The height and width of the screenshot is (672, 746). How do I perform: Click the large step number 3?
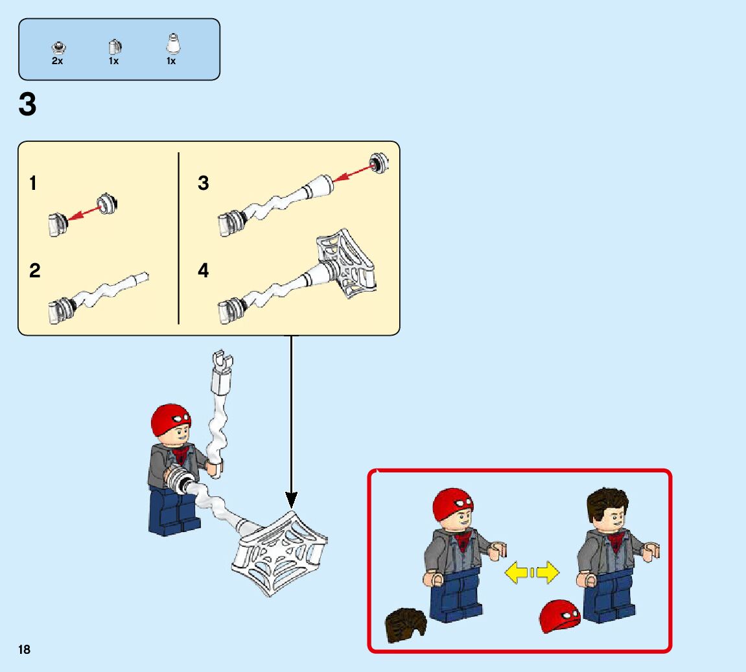point(27,104)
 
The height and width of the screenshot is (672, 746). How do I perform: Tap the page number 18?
point(24,649)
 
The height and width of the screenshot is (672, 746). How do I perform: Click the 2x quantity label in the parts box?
point(57,61)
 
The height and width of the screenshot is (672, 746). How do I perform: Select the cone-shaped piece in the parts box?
point(172,44)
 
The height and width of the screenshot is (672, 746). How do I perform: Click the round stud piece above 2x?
point(58,47)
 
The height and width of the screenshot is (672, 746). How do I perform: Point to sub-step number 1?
point(33,183)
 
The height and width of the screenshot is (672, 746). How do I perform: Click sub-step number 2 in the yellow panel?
point(35,271)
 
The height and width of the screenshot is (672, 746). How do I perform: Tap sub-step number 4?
point(203,270)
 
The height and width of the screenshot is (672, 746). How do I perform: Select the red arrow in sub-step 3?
point(353,172)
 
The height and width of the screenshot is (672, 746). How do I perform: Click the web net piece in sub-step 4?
point(347,263)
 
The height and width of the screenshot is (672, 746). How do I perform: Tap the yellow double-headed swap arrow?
point(532,572)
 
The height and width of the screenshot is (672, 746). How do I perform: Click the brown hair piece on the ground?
point(405,625)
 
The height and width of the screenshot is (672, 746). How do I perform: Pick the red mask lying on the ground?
point(561,616)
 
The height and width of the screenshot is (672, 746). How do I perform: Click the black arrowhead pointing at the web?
point(291,500)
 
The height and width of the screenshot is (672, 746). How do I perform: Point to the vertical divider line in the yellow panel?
point(178,238)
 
